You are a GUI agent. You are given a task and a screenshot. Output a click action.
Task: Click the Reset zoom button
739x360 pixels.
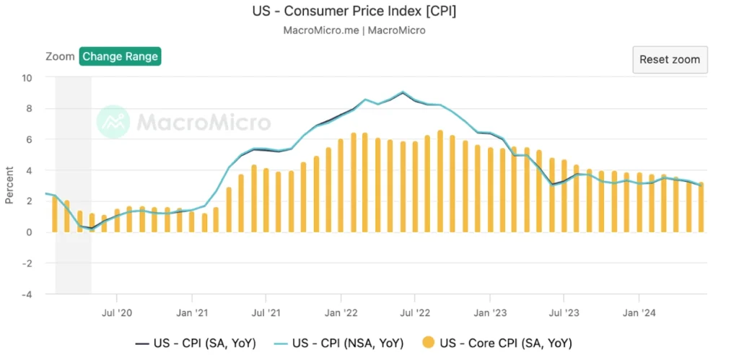(670, 59)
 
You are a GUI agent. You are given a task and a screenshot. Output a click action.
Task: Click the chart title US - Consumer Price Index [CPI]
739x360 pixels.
(354, 12)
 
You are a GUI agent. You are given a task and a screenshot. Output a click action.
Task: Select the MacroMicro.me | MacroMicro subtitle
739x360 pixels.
(354, 30)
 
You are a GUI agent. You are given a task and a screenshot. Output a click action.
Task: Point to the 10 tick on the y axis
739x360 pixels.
(27, 78)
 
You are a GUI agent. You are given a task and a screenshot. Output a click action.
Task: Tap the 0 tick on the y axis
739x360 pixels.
(28, 232)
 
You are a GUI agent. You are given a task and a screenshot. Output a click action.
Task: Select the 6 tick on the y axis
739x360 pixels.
(28, 139)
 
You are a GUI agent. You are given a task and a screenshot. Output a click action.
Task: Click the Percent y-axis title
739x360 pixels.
(9, 185)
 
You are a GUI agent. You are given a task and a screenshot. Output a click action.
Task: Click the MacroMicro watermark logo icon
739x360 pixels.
(113, 121)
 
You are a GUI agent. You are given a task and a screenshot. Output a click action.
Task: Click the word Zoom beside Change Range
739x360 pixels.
(60, 56)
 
